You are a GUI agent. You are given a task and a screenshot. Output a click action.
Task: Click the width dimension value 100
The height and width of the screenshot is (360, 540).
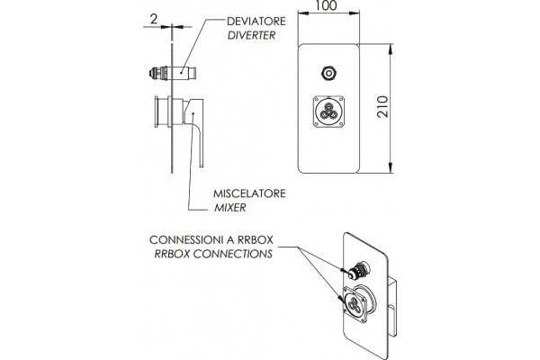[x=326, y=6]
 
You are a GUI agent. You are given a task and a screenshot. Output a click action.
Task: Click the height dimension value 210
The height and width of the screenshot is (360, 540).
[x=382, y=107]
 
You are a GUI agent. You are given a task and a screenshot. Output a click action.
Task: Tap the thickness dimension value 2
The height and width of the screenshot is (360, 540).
[x=154, y=19]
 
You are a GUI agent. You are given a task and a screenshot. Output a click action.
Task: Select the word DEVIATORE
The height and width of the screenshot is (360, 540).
[x=256, y=21]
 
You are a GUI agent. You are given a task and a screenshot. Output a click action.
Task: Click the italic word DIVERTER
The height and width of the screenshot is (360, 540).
[x=251, y=35]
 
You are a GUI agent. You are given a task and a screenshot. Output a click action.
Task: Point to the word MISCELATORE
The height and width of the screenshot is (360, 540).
[x=249, y=193]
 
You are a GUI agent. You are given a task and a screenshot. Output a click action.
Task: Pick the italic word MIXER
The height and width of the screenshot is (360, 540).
[x=230, y=207]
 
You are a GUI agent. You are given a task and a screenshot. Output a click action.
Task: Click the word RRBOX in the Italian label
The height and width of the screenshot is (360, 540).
[x=256, y=239]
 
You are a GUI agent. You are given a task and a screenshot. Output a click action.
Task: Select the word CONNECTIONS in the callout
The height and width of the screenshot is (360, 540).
[x=233, y=254]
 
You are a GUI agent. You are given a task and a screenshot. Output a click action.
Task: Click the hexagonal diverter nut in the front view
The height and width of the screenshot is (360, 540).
[x=328, y=74]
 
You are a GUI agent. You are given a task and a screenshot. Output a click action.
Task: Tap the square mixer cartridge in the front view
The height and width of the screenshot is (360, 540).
[x=328, y=112]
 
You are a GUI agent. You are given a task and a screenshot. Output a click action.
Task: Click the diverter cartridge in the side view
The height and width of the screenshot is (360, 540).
[x=173, y=74]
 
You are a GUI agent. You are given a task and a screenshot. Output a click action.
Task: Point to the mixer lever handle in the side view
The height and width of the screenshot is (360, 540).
[x=196, y=132]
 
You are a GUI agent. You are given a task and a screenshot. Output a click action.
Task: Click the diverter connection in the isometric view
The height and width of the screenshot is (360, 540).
[x=357, y=270]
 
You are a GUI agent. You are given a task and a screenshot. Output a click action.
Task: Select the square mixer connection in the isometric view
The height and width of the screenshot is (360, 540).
[x=354, y=304]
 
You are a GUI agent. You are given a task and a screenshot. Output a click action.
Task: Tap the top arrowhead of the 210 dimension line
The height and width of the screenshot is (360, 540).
[x=391, y=49]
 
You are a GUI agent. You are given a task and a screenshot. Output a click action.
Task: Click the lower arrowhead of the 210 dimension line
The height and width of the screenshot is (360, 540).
[x=391, y=167]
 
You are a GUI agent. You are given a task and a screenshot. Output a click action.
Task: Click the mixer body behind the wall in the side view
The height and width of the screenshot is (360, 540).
[x=162, y=112]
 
